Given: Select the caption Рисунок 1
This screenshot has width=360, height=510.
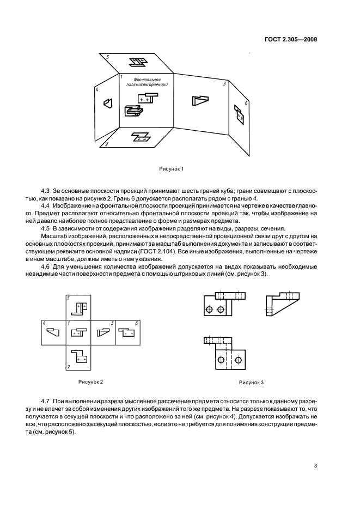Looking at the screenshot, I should (171, 168).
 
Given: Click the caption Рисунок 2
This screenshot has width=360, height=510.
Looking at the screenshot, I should (91, 381).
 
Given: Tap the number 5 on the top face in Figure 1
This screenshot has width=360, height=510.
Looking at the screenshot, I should (108, 57).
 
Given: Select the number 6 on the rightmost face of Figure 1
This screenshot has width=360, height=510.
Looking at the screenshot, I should (246, 102).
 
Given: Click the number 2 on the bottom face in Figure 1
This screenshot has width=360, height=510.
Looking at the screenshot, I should (107, 144).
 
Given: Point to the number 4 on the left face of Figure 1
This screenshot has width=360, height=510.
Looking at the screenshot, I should (96, 90).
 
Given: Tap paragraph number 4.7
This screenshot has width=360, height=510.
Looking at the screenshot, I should (46, 400).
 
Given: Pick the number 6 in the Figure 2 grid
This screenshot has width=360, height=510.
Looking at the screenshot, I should (136, 324).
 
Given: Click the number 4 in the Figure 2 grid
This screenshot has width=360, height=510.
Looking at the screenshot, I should (45, 324).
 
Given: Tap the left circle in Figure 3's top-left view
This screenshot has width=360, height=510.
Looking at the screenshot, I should (210, 311).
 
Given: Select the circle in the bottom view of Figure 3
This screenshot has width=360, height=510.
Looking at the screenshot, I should (221, 360).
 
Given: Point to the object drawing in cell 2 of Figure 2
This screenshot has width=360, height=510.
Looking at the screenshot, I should (80, 357).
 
